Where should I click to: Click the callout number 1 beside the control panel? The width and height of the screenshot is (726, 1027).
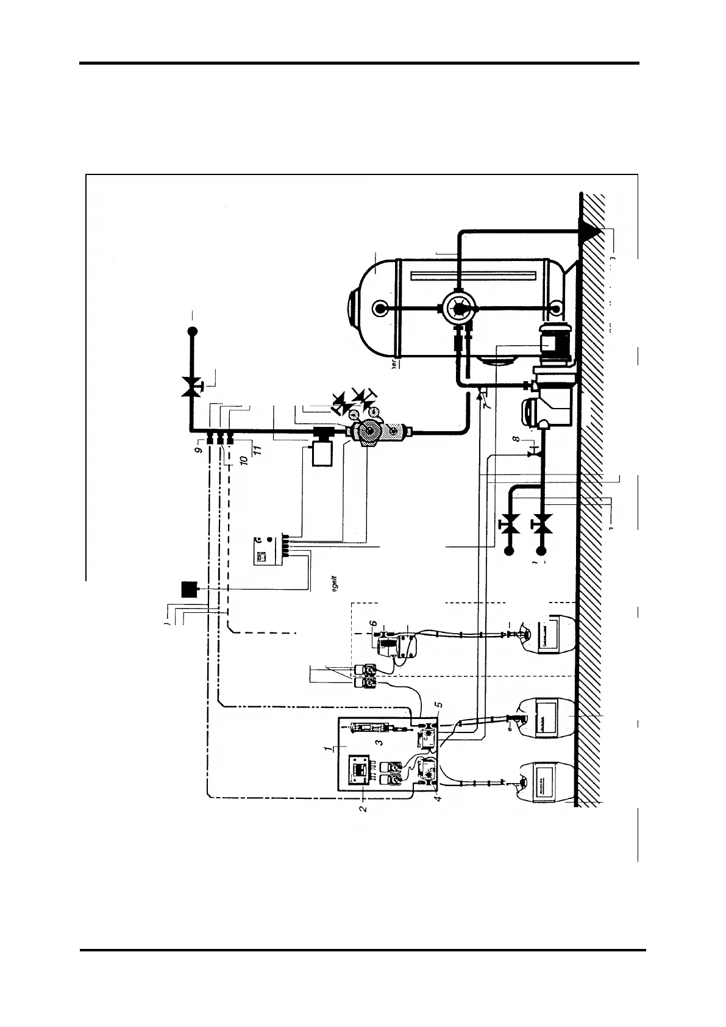tap(329, 748)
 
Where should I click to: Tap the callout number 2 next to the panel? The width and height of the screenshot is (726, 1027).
tap(363, 809)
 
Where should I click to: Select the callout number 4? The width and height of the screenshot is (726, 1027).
tap(438, 797)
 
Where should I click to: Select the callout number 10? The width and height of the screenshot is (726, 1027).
tap(242, 459)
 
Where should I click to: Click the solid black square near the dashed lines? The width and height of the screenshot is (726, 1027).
tap(190, 589)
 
